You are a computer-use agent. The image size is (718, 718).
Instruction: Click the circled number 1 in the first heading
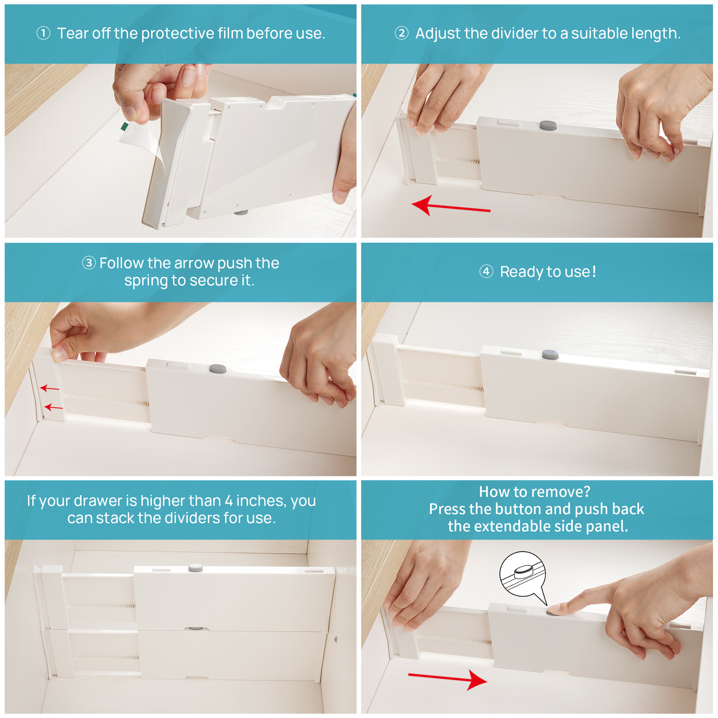pyautogui.click(x=43, y=33)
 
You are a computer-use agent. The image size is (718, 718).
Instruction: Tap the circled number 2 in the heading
pyautogui.click(x=402, y=33)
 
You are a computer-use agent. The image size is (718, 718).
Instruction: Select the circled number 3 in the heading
pyautogui.click(x=89, y=263)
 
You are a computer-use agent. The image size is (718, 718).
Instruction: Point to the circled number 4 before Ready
pyautogui.click(x=486, y=271)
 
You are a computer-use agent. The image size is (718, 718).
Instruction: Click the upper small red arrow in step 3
pyautogui.click(x=49, y=388)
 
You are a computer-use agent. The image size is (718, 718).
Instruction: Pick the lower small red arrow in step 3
pyautogui.click(x=53, y=407)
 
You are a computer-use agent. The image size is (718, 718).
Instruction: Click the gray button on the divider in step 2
pyautogui.click(x=548, y=125)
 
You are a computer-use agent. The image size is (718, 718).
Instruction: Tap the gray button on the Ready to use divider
pyautogui.click(x=550, y=354)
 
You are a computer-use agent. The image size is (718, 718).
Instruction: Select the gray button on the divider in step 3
pyautogui.click(x=218, y=369)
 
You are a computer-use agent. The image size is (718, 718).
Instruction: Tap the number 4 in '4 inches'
pyautogui.click(x=228, y=501)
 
